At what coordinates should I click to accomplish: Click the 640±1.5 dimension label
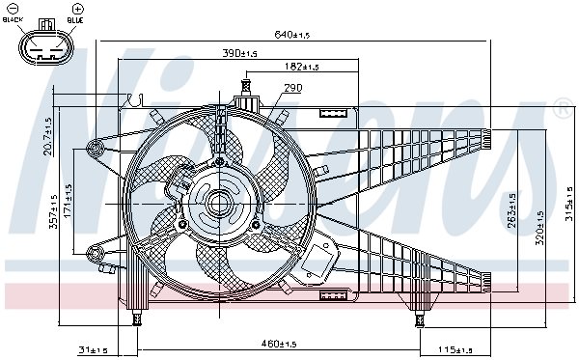point(291,35)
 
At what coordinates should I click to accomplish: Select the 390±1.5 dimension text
point(239,53)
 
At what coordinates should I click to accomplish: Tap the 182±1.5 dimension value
point(302,67)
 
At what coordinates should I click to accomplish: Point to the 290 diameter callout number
point(293,88)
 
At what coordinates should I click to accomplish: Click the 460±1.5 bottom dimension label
point(279,345)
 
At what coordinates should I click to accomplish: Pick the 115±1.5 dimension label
point(455,349)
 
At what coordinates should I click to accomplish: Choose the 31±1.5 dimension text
point(93,349)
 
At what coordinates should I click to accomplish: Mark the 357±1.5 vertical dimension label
point(54,211)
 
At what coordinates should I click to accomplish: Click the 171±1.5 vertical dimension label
point(68,201)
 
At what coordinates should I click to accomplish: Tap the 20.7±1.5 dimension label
point(48,136)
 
